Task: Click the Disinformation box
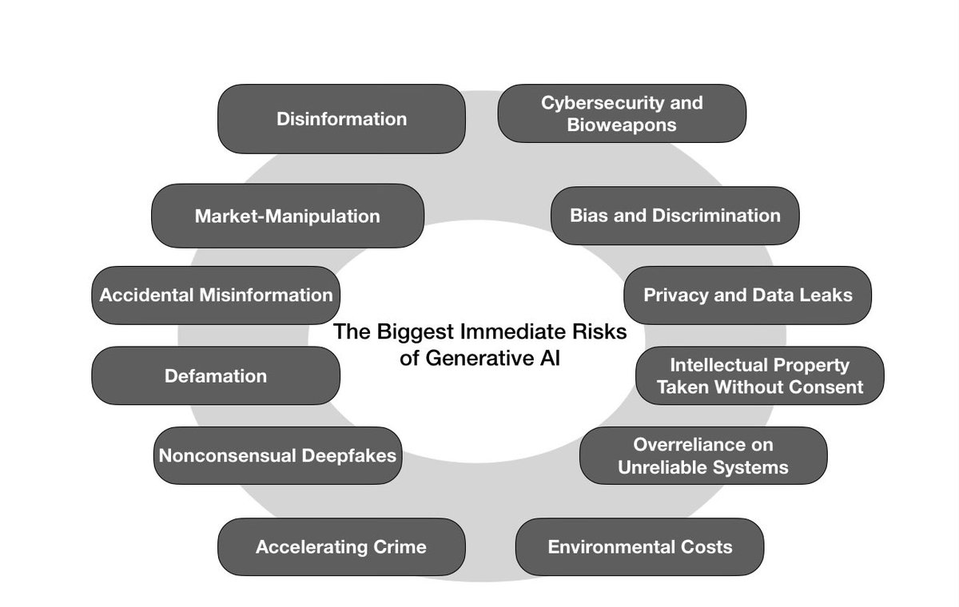tap(341, 119)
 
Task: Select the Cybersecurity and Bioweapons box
tap(622, 113)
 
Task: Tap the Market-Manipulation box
tap(287, 216)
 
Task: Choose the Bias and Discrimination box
tap(675, 216)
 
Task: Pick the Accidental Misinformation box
tap(216, 295)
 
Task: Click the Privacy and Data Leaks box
tap(747, 295)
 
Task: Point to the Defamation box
tap(216, 375)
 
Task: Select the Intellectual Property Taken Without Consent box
tap(759, 375)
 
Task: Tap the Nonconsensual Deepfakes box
tap(277, 455)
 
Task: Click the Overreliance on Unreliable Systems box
tap(703, 455)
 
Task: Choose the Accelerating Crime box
tap(341, 547)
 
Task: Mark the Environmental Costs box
tap(639, 547)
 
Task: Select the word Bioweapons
tap(622, 125)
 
